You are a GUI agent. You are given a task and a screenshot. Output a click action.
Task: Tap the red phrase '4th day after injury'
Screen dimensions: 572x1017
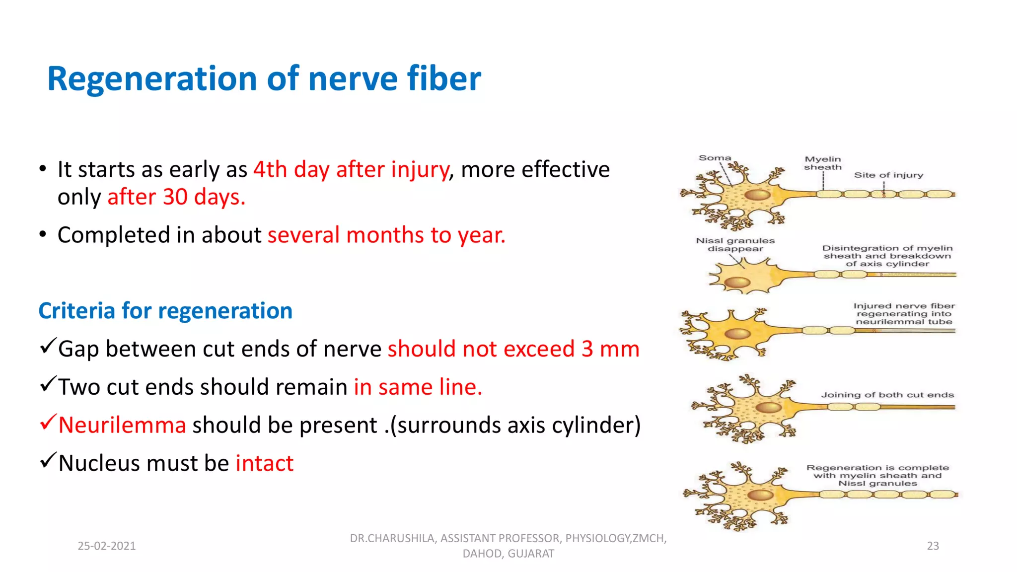351,170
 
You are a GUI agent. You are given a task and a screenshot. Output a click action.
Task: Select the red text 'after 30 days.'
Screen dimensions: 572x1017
176,197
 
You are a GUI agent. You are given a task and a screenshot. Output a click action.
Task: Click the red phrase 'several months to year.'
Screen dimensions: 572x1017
386,235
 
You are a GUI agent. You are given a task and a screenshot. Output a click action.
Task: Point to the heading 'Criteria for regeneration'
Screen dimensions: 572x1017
165,311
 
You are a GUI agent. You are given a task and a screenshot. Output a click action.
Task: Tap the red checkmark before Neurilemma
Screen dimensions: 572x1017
48,423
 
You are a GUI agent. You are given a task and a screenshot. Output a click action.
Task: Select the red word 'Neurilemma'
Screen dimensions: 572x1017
122,426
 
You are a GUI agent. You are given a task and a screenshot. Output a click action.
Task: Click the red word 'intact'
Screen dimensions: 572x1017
264,464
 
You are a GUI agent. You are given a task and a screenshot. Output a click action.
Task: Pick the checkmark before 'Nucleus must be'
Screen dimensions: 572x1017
48,461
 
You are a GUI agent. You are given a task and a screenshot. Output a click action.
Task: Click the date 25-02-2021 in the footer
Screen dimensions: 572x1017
107,546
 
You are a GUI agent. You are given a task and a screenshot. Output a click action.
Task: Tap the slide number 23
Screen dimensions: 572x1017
933,546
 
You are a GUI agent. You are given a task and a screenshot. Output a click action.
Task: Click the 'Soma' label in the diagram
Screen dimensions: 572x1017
715,158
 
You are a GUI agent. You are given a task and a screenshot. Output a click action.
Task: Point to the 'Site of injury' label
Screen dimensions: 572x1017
888,175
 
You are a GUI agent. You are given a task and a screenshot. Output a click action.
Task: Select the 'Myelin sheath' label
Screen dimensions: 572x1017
823,163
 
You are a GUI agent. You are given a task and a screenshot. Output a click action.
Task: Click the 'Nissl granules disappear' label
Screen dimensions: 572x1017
735,244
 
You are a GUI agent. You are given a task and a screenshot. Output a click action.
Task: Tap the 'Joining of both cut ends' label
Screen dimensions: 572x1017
887,395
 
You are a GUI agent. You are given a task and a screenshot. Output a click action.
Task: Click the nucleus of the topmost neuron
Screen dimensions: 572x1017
757,195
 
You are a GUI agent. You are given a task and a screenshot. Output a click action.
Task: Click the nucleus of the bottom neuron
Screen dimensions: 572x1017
760,495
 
